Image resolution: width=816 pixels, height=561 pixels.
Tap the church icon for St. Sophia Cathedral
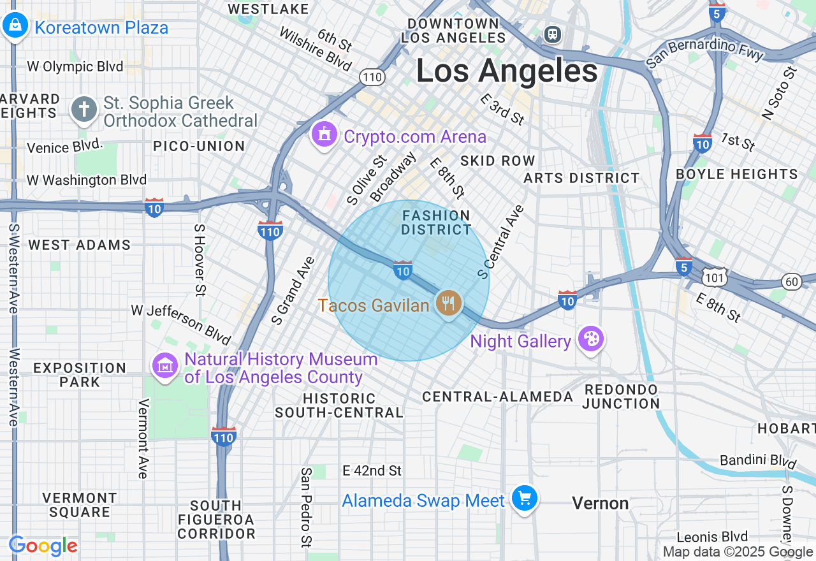click(84, 110)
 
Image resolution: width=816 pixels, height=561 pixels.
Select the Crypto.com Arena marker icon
click(324, 135)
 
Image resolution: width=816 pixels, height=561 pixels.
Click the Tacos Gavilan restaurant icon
click(449, 303)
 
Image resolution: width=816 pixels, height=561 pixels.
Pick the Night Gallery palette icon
click(591, 339)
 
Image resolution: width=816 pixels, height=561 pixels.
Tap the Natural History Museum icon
click(165, 366)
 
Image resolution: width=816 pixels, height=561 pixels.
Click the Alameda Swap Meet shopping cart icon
click(525, 498)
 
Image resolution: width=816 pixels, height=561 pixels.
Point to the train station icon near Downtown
click(553, 34)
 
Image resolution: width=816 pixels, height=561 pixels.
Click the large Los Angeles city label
click(507, 71)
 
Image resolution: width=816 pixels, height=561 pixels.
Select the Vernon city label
click(600, 504)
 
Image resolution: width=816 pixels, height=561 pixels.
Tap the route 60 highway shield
click(792, 281)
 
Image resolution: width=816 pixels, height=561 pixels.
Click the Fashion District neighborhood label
click(437, 222)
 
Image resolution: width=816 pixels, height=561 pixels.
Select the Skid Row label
click(497, 161)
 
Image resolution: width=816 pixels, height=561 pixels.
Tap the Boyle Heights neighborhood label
click(736, 174)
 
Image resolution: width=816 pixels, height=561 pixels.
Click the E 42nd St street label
click(372, 470)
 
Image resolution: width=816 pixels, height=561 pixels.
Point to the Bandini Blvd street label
click(758, 460)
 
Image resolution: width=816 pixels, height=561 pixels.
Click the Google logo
click(43, 546)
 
